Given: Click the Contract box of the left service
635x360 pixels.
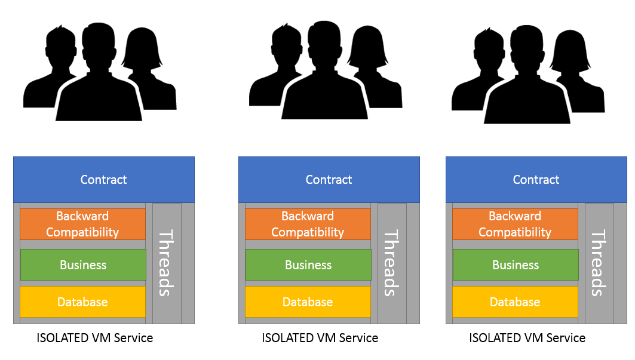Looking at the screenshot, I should tap(104, 179).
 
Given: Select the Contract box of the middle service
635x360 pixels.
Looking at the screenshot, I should tap(329, 179).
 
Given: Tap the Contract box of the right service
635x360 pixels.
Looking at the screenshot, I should tap(536, 179).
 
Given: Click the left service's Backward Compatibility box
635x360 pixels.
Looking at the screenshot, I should tap(82, 224).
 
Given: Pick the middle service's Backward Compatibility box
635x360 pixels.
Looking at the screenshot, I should tap(308, 224).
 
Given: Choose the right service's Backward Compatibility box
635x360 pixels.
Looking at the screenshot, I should tap(515, 224).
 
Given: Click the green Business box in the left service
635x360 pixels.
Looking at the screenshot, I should tap(83, 265).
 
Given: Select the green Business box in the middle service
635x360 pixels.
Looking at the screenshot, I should tap(308, 265).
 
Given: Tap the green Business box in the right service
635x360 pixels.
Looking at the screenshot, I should tap(516, 265).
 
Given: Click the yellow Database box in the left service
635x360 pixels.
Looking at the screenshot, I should tap(82, 302).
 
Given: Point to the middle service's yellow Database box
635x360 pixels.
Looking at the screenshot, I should tap(308, 302).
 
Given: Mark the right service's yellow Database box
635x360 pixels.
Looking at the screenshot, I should tap(515, 302).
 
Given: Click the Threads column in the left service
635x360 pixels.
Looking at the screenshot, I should tap(167, 263).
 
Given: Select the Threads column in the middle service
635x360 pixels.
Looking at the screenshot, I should tap(392, 263).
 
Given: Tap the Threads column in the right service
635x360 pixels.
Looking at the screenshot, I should tap(599, 263).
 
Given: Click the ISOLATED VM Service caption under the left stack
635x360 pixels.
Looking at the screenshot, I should tap(95, 338).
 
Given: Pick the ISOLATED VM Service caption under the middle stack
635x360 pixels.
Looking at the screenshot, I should tap(320, 338).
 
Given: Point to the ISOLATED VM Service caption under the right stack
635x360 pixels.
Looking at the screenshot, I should tap(527, 338).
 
